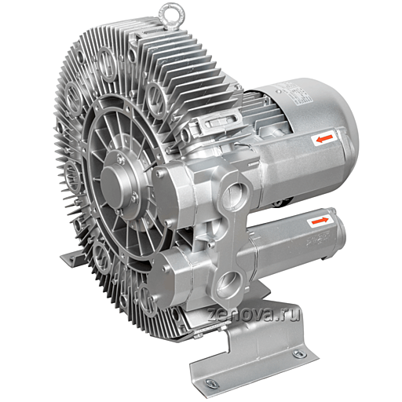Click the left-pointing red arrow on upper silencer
[x=324, y=139]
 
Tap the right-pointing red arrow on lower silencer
[x=320, y=221]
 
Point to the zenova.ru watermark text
[x=254, y=315]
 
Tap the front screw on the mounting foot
[x=210, y=382]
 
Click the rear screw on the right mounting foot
[x=299, y=353]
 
